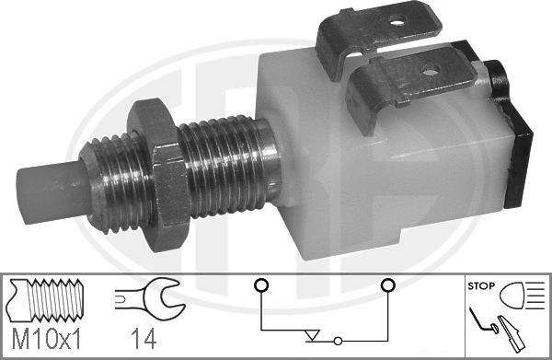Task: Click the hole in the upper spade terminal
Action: point(397,23)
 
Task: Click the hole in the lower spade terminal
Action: point(430,72)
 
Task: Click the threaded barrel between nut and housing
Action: point(229,166)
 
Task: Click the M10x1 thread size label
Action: point(47,339)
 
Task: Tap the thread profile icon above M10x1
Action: point(46,300)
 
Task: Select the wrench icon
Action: point(150,298)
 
